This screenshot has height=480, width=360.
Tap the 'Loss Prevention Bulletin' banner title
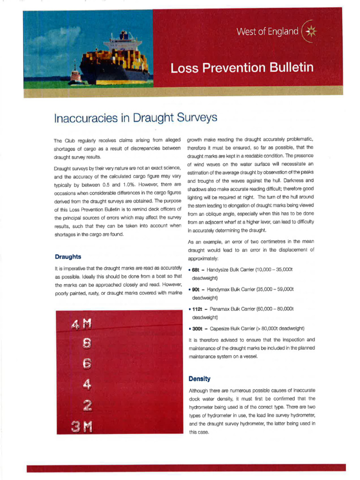tap(242, 68)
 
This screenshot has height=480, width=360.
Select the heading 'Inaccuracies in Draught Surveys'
tap(135, 117)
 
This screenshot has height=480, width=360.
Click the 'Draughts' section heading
tap(68, 256)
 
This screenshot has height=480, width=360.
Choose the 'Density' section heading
tap(199, 378)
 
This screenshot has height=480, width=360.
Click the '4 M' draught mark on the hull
tap(81, 324)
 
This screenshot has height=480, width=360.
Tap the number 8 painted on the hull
tap(87, 344)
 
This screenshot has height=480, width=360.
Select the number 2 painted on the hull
tap(87, 405)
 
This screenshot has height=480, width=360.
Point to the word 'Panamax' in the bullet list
tap(220, 309)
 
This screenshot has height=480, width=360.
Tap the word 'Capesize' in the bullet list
tap(220, 328)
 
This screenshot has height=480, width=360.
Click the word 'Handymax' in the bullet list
tap(219, 290)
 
